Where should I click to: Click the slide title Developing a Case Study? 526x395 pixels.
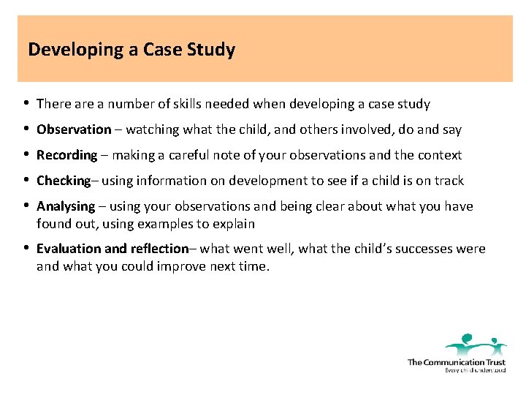tap(131, 50)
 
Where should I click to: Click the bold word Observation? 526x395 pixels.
tap(74, 129)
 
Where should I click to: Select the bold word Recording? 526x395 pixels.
tap(66, 155)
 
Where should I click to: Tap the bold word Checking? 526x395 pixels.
tap(63, 181)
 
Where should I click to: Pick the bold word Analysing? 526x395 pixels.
tap(66, 206)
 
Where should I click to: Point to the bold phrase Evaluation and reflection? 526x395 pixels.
tap(112, 249)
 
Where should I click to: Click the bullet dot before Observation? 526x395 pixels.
tap(26, 129)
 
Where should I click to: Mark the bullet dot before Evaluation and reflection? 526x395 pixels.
tap(26, 249)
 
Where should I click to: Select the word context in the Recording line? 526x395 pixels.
tap(440, 155)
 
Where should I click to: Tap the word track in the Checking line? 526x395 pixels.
tap(449, 181)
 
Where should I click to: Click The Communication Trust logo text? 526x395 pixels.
tap(457, 362)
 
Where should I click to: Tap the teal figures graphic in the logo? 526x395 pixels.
tap(476, 344)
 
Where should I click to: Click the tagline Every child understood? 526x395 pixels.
tap(475, 370)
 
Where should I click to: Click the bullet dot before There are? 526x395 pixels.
tap(26, 104)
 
